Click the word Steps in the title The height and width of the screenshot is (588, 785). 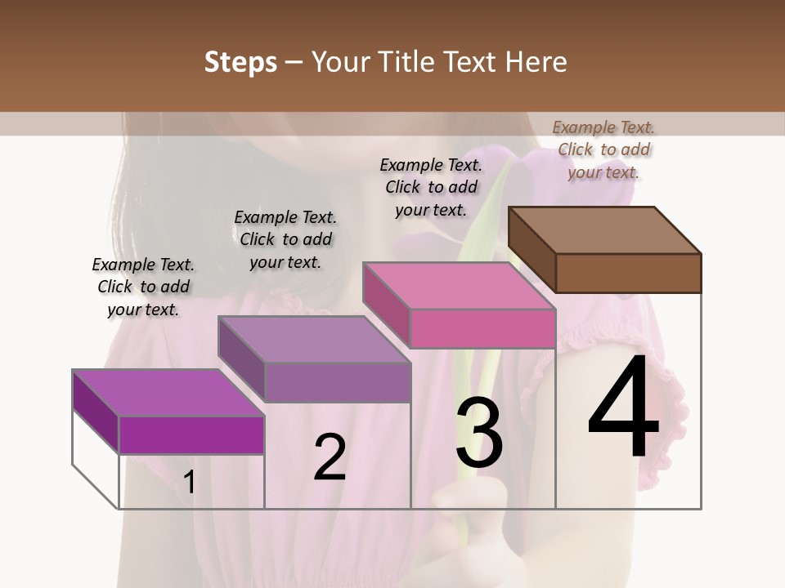[240, 62]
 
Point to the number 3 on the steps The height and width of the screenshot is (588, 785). [479, 432]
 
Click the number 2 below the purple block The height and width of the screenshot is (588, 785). [330, 457]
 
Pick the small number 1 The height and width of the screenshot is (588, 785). [190, 482]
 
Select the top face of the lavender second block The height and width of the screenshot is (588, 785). [314, 339]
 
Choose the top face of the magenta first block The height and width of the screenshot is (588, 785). [168, 393]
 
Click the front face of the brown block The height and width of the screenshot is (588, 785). [628, 273]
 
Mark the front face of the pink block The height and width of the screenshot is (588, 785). [482, 328]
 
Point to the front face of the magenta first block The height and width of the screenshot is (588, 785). [191, 434]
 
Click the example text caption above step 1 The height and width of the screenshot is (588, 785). [143, 287]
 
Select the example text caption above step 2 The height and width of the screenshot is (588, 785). [285, 239]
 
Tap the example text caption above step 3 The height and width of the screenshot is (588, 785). [431, 187]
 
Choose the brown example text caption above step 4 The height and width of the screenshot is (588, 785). [603, 149]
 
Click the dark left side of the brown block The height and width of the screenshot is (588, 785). [532, 249]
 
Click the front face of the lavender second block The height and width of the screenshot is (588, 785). [337, 382]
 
